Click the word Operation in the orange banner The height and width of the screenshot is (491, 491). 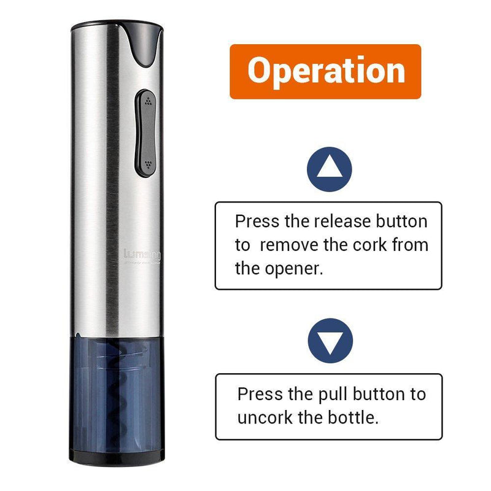point(326,71)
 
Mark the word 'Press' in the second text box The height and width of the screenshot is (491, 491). point(260,394)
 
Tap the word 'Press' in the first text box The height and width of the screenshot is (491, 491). point(258,222)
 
